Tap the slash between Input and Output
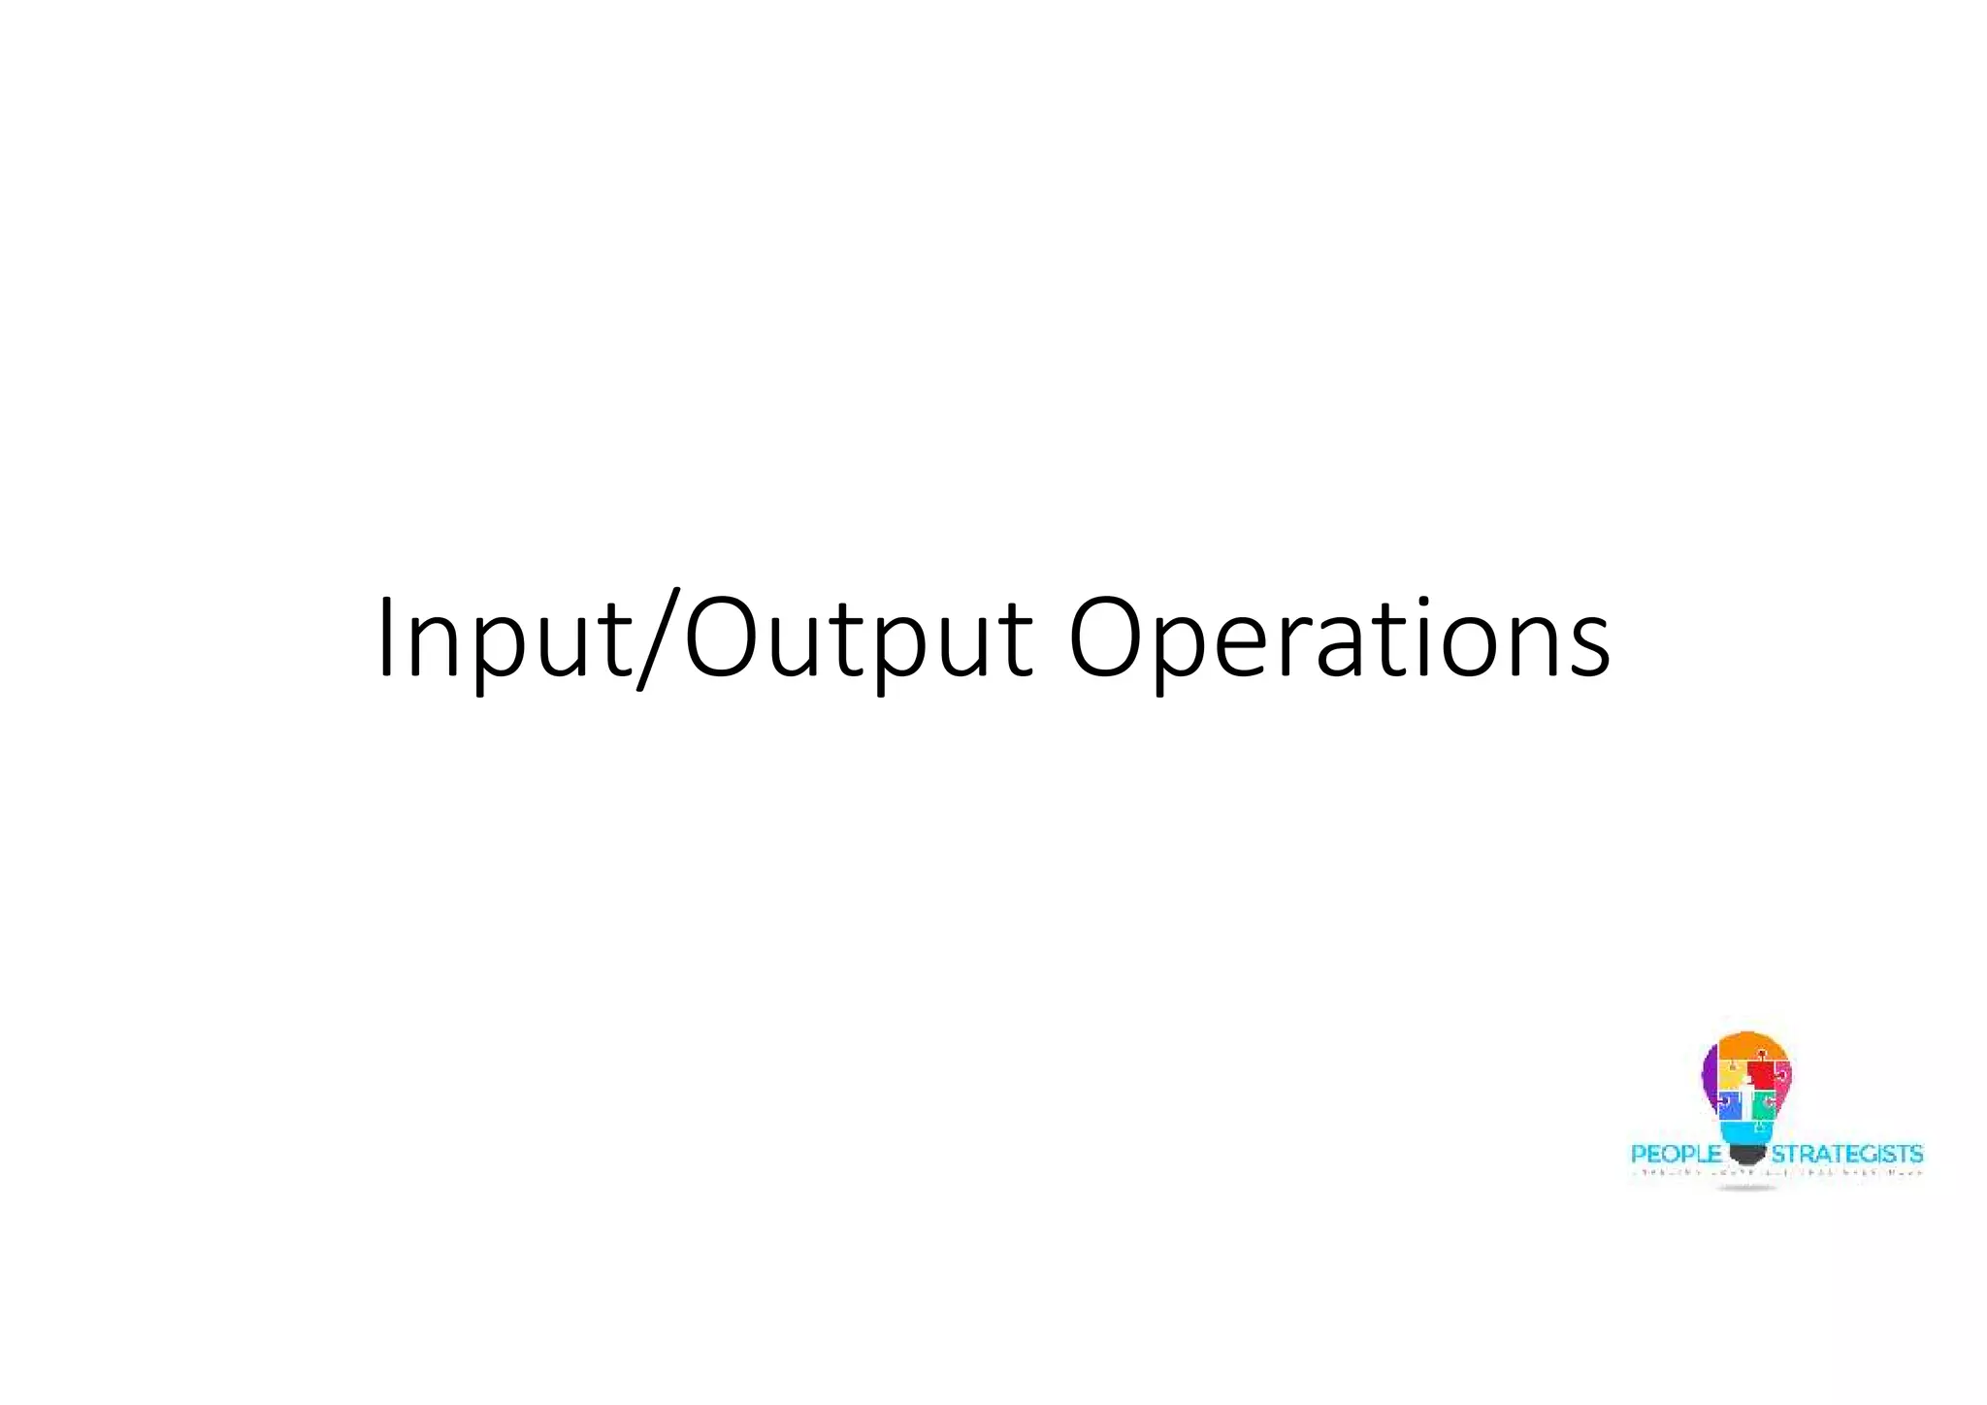pos(659,640)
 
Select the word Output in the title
pos(859,640)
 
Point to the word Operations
pos(1339,640)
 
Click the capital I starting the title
pos(387,638)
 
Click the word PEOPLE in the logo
pos(1676,1154)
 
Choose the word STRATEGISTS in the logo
pos(1846,1154)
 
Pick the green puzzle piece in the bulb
pos(1763,1103)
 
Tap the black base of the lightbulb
pos(1746,1154)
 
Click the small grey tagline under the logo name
pos(1775,1173)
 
